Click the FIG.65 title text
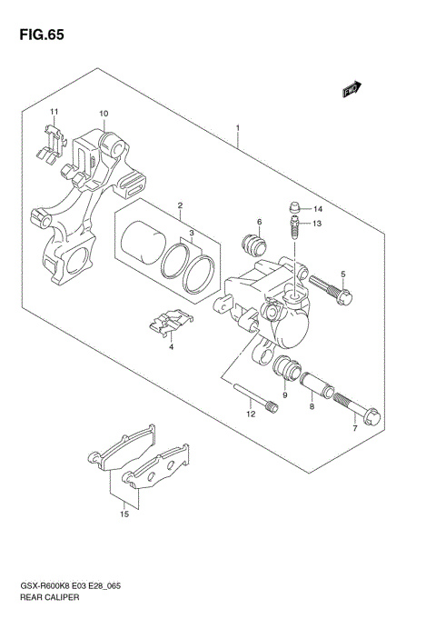pos(37,35)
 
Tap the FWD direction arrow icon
pos(352,90)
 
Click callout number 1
pos(237,127)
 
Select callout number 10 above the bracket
pos(104,114)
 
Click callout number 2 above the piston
pos(180,205)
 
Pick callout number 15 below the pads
pos(124,514)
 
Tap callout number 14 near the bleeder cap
pos(318,208)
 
